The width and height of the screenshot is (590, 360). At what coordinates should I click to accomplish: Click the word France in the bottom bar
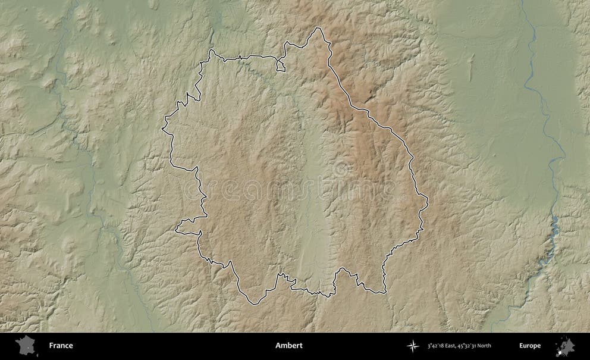click(61, 346)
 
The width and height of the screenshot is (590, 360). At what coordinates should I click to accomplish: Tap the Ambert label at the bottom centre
click(288, 346)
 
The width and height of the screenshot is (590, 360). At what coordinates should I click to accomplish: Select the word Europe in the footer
click(529, 346)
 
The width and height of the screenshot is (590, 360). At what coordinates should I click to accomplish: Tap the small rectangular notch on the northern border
click(281, 65)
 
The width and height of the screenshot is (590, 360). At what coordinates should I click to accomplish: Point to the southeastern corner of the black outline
click(384, 292)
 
